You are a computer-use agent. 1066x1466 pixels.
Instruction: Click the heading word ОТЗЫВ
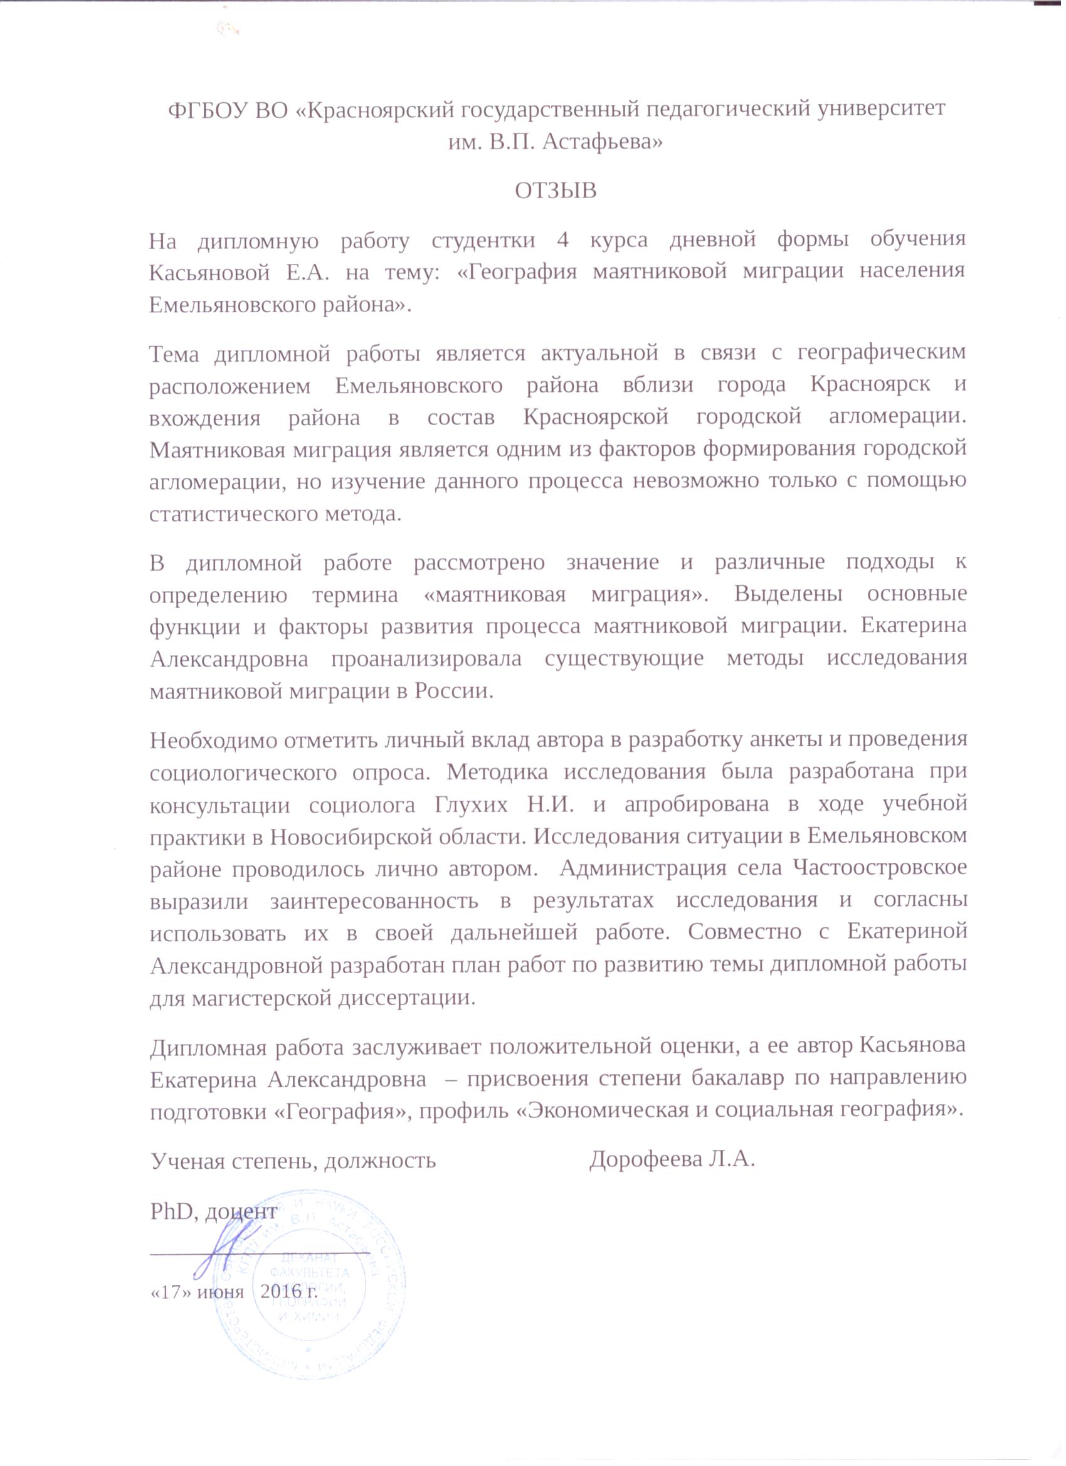pyautogui.click(x=556, y=191)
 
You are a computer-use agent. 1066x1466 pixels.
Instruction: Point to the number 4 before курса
pyautogui.click(x=562, y=240)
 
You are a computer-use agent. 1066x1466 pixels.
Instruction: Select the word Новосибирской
pyautogui.click(x=351, y=838)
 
